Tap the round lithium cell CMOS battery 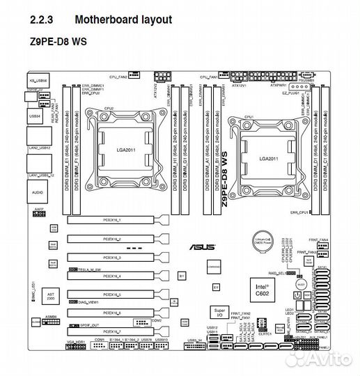[265, 240]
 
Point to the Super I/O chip [219, 311]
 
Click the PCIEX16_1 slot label [112, 220]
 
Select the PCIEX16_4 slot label [112, 276]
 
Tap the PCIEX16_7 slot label [112, 332]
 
